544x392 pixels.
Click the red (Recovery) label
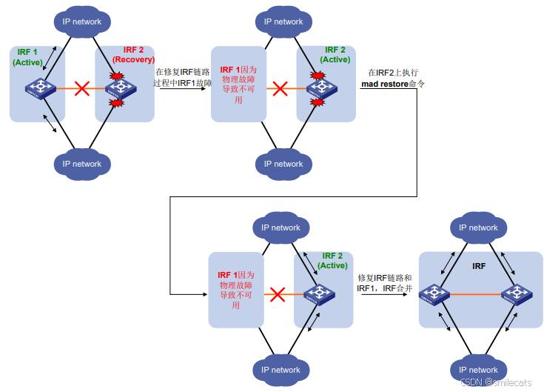pos(133,59)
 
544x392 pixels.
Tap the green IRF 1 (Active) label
pos(27,58)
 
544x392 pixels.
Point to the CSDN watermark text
pos(495,382)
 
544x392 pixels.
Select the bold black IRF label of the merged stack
pos(479,265)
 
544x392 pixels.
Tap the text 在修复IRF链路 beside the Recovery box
pos(182,71)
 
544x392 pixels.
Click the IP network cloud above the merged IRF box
pos(478,227)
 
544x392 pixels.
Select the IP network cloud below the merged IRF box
pos(478,370)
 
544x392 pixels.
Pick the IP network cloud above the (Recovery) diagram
pos(81,21)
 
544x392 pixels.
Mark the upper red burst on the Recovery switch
pos(115,77)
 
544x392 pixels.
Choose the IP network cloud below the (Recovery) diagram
pos(81,164)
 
